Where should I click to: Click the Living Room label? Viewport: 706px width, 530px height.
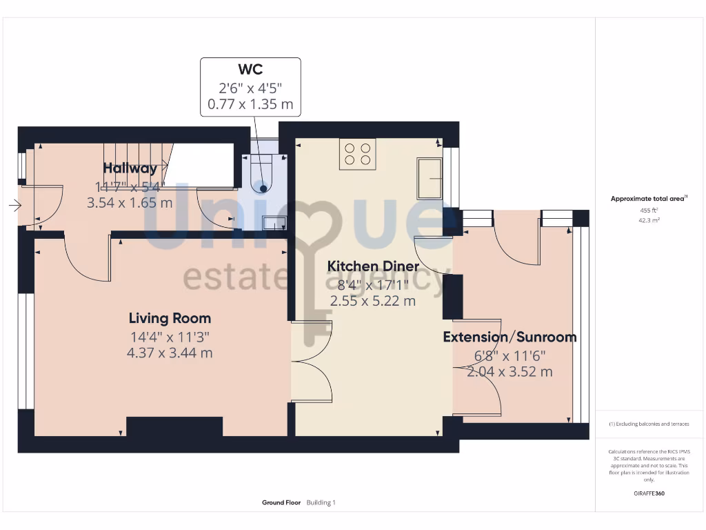[170, 318]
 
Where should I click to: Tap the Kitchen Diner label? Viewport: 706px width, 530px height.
[372, 266]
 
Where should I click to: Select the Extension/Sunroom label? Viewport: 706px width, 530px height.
[510, 337]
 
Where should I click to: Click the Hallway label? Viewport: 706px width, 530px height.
[130, 168]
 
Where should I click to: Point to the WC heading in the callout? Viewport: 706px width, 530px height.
[250, 70]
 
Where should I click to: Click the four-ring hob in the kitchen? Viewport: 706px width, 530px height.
[357, 154]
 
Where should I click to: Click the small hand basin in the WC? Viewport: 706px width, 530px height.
[274, 222]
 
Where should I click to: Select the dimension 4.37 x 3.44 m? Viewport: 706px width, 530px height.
[170, 353]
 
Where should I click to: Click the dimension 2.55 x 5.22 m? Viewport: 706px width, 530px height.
[372, 301]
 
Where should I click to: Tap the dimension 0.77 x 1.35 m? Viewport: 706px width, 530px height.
[250, 105]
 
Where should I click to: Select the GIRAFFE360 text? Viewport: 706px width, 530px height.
[649, 493]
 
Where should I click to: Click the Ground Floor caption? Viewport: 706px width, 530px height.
[281, 503]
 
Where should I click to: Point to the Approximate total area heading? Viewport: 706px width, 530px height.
[648, 199]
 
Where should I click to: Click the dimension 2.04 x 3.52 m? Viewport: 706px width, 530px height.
[510, 372]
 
